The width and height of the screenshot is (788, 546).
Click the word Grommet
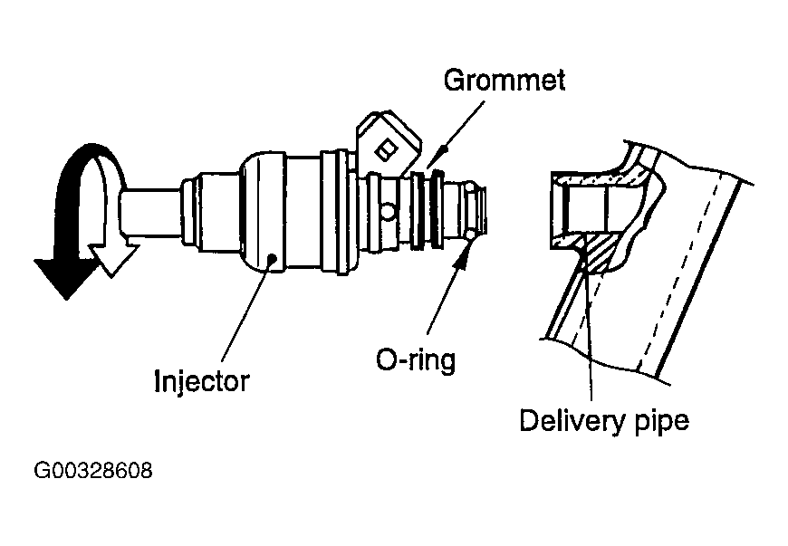(x=504, y=80)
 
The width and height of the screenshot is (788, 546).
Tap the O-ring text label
(x=415, y=360)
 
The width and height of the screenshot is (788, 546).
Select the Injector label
(x=200, y=380)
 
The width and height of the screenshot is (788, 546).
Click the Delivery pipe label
(x=603, y=421)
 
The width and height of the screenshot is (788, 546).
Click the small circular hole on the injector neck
(x=387, y=213)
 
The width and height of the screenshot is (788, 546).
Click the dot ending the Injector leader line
(x=273, y=260)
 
